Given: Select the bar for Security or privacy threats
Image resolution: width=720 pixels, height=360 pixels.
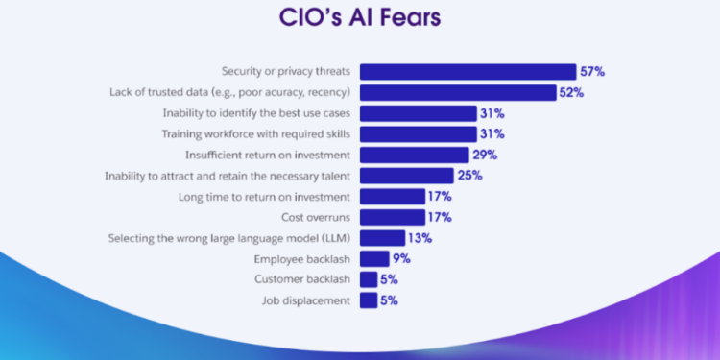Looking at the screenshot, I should coord(468,72).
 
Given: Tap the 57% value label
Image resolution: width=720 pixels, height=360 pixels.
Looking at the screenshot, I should coord(592,72).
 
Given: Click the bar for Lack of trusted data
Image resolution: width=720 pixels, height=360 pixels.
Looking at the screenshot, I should coord(458,92).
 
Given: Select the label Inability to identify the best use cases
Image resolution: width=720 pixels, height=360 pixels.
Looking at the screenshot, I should coord(256,113).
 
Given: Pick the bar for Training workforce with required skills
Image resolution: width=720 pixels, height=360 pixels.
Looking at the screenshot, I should coord(418,134).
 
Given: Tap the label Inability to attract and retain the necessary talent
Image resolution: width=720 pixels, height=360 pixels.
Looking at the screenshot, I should coord(227,176).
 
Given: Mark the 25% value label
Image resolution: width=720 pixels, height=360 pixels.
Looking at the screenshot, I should coord(469,176).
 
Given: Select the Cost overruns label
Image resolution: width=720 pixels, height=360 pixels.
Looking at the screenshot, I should coord(316,217).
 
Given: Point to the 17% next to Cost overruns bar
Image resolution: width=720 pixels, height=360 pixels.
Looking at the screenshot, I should coord(440,217).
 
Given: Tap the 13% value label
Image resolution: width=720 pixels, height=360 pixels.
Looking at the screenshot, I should coord(419,238).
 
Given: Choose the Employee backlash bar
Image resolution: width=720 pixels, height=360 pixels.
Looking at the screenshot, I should coord(374,258).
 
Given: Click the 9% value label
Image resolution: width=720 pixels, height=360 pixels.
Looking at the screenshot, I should coord(401,258).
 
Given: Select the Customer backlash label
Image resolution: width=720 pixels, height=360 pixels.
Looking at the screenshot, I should coord(301,279).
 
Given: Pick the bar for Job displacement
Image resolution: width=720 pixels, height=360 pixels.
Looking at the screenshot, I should coord(369,300).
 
